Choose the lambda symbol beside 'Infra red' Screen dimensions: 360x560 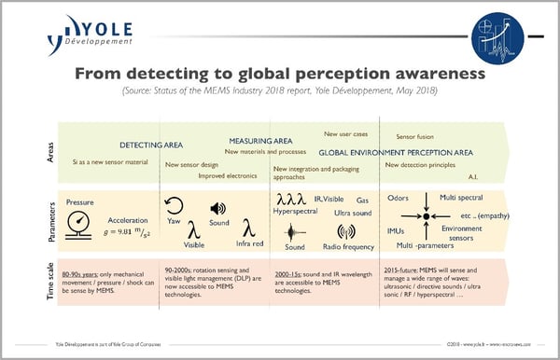coord(247,228)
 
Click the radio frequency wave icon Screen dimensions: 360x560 coord(346,231)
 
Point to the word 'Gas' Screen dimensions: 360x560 coord(362,201)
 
